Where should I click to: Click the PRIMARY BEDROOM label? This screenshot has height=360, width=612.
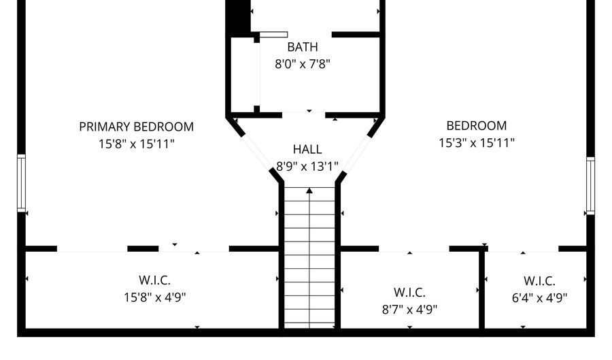click(136, 127)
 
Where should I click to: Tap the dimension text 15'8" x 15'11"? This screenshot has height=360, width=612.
click(136, 144)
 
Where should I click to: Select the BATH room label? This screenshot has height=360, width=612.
click(303, 47)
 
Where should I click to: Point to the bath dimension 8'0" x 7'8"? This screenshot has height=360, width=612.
click(303, 64)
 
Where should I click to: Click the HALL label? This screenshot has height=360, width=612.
click(307, 149)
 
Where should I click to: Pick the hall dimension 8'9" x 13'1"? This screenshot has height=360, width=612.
click(307, 166)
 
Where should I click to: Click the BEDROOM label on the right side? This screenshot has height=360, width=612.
click(476, 126)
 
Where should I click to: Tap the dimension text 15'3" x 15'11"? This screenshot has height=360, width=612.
click(476, 143)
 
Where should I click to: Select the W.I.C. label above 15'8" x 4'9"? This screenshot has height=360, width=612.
click(155, 280)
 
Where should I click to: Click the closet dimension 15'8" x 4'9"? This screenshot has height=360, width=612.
click(155, 297)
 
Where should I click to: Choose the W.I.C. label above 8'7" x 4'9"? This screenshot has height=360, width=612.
click(409, 293)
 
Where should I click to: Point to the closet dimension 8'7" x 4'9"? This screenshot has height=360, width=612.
click(409, 309)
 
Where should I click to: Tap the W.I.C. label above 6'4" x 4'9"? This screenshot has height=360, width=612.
click(539, 280)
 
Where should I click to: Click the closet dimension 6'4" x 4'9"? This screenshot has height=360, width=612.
click(539, 297)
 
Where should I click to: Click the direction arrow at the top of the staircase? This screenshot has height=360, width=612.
click(309, 191)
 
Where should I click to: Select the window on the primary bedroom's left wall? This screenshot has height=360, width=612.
click(21, 182)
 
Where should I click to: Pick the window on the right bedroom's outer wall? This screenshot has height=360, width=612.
click(590, 186)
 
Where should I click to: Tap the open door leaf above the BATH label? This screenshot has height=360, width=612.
click(273, 34)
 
